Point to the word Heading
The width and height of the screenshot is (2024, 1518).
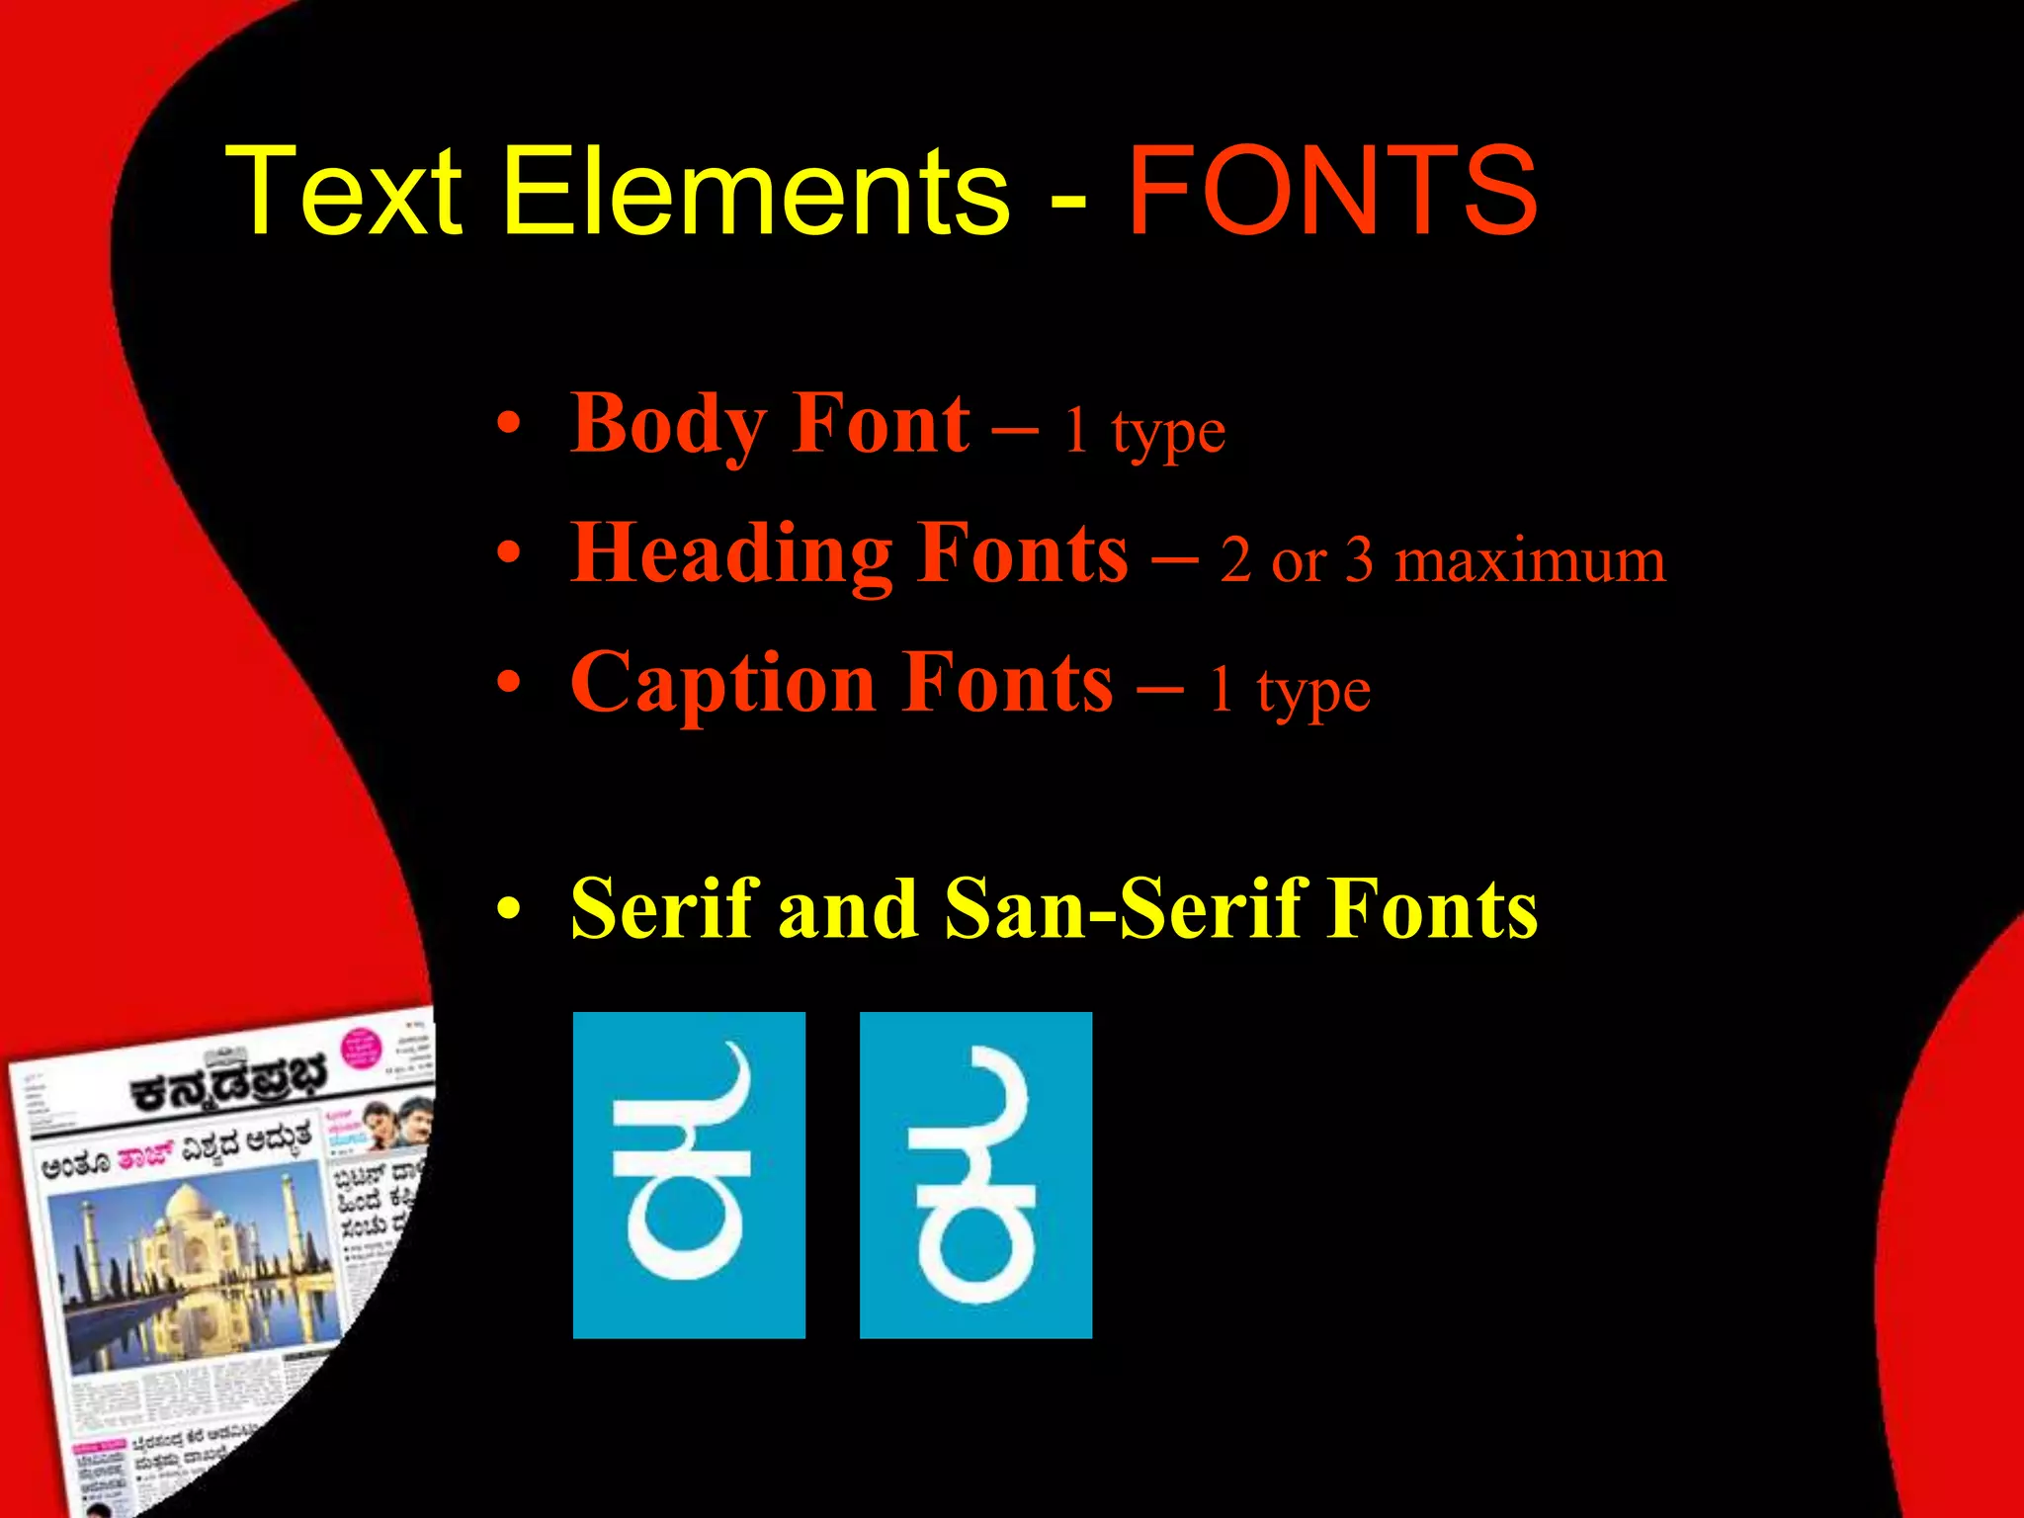pos(732,555)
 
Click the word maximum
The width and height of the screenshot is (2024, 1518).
pos(1529,561)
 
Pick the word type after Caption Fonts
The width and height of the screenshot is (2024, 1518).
pos(1313,692)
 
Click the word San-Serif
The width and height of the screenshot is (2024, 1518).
pos(1122,909)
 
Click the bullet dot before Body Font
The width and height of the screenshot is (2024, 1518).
pos(508,425)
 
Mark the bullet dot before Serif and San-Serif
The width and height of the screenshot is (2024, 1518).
pos(508,909)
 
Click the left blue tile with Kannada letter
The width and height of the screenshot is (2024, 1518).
pos(689,1174)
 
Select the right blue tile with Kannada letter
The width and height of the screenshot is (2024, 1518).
pos(975,1174)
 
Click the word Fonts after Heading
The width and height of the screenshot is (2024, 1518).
pos(1022,555)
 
